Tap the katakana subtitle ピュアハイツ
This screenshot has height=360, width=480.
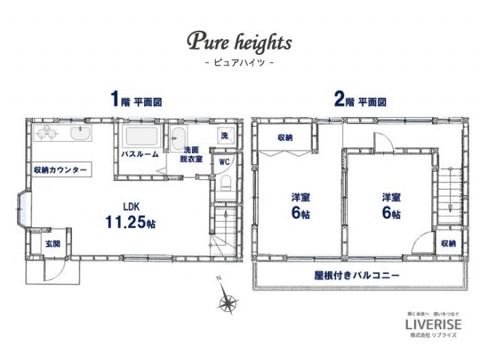point(239,64)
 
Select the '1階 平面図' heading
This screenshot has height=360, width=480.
point(136,100)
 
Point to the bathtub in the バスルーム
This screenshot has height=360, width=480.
point(141,137)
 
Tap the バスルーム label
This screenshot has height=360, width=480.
point(139,154)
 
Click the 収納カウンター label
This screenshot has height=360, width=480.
point(60,169)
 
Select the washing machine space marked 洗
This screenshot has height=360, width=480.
point(224,136)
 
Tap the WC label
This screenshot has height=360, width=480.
point(224,161)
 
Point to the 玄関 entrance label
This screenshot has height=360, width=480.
point(52,244)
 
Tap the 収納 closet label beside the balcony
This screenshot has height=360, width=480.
point(448,244)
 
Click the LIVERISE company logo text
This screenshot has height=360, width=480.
point(433,324)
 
